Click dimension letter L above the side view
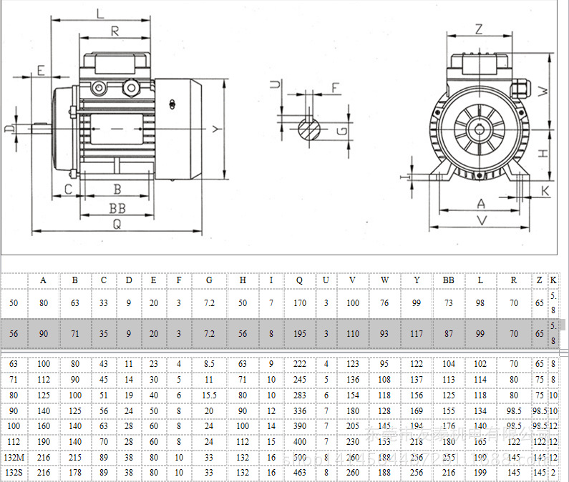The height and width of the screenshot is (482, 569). tap(100, 12)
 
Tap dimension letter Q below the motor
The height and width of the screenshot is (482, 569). tap(116, 224)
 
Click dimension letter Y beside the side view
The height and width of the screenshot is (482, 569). tap(215, 129)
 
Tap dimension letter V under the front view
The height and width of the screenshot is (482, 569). tap(481, 221)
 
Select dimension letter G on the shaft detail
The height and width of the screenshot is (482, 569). tap(342, 130)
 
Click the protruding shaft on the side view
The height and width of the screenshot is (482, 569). tap(39, 129)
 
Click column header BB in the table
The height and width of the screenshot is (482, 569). tap(449, 280)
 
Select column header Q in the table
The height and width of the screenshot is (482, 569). tap(299, 280)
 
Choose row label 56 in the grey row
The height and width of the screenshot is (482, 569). tap(14, 334)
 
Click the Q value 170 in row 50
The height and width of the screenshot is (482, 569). tap(299, 303)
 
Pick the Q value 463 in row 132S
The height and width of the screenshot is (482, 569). tap(299, 473)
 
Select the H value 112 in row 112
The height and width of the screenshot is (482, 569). tap(243, 441)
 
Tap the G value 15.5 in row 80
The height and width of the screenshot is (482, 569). tap(209, 395)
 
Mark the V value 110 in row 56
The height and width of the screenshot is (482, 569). tap(353, 334)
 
